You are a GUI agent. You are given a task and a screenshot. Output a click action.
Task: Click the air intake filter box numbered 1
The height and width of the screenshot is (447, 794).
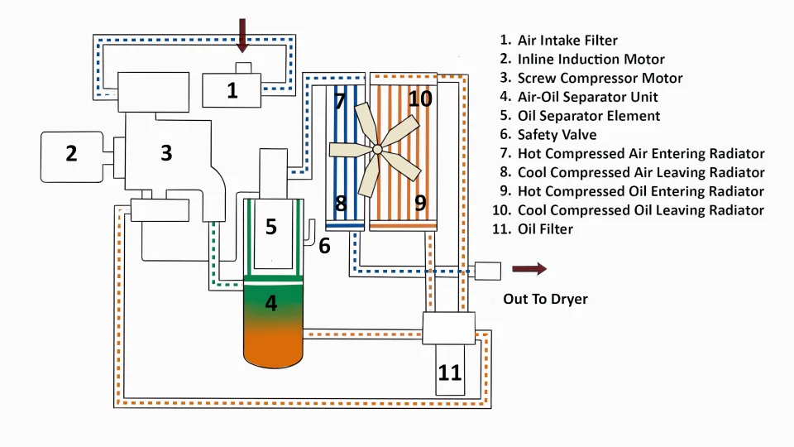(x=232, y=90)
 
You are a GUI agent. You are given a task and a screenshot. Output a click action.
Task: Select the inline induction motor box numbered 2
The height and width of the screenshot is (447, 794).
(x=71, y=156)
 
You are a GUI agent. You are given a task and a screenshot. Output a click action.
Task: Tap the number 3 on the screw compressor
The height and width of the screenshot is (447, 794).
(x=166, y=152)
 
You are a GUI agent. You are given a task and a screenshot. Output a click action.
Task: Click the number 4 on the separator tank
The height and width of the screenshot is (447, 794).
(x=271, y=303)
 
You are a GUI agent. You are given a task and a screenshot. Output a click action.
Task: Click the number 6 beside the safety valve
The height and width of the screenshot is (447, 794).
(x=324, y=246)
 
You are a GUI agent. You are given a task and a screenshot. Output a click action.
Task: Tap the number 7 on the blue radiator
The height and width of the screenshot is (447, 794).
(x=339, y=101)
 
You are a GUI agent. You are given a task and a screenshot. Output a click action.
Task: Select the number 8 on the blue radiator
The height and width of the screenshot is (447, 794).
(x=341, y=204)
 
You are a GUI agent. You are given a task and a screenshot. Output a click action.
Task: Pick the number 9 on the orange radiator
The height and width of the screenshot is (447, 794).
(x=420, y=203)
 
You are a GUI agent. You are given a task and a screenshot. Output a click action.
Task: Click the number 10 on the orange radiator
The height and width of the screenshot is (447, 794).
(x=420, y=99)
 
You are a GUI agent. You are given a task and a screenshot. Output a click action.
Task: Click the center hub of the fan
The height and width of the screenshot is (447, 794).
(x=377, y=149)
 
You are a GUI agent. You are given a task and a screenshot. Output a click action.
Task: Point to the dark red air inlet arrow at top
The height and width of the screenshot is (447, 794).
(x=242, y=36)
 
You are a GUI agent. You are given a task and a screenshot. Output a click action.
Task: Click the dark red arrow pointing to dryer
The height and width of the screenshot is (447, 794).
(x=529, y=268)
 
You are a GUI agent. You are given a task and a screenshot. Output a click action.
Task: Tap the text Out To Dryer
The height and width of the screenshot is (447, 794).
(x=545, y=299)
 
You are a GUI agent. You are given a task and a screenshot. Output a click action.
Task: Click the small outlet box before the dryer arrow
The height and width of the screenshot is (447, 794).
(x=488, y=272)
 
